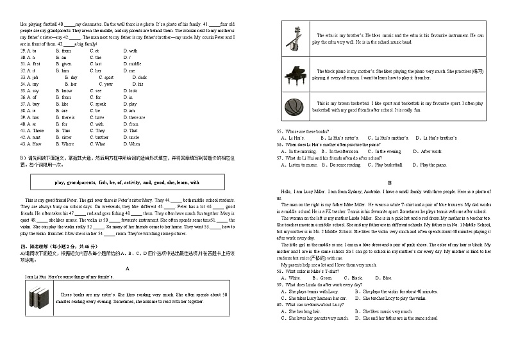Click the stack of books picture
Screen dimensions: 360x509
pos(40,298)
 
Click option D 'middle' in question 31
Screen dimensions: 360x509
pos(135,64)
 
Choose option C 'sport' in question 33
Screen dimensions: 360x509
pos(108,78)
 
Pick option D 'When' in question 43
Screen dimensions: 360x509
pos(135,144)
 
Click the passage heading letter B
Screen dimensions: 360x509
pos(388,183)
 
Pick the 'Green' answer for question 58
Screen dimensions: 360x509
pos(327,278)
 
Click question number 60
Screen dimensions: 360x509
pos(280,305)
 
